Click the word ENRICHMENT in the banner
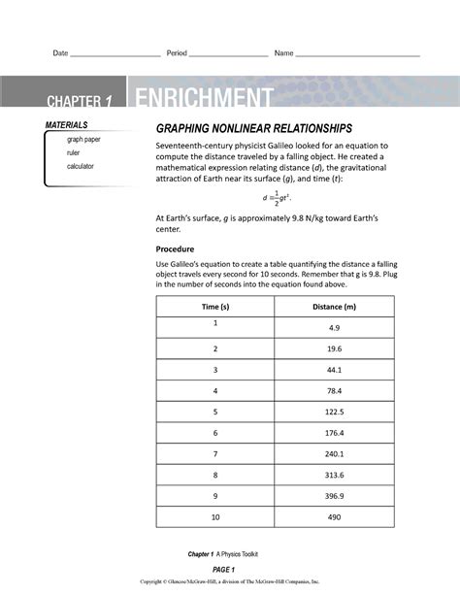(x=204, y=99)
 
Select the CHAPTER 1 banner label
(x=82, y=102)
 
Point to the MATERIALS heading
(x=66, y=126)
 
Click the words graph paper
(x=83, y=140)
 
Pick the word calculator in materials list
(x=80, y=167)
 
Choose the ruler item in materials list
(x=74, y=153)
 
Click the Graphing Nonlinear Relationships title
(x=254, y=129)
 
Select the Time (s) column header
(x=214, y=307)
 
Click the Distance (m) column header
(x=335, y=307)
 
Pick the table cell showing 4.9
(x=335, y=328)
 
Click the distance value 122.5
(x=335, y=412)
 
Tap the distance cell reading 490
(x=335, y=517)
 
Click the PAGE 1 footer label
(x=225, y=568)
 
